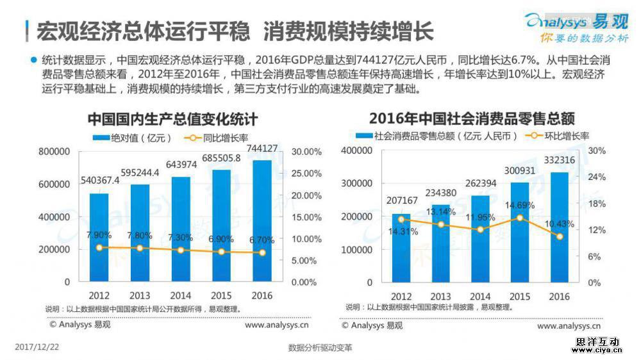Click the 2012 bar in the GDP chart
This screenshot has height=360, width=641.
point(99,237)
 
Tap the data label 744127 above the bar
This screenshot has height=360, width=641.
point(262,149)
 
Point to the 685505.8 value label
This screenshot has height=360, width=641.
point(221,159)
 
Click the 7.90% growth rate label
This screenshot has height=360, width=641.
point(99,235)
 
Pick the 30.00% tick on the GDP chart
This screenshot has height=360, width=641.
point(306,152)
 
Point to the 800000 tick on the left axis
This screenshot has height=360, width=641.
point(54,152)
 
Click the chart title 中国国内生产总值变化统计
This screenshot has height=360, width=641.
point(172,120)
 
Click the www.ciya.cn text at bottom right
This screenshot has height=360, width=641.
point(598,351)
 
